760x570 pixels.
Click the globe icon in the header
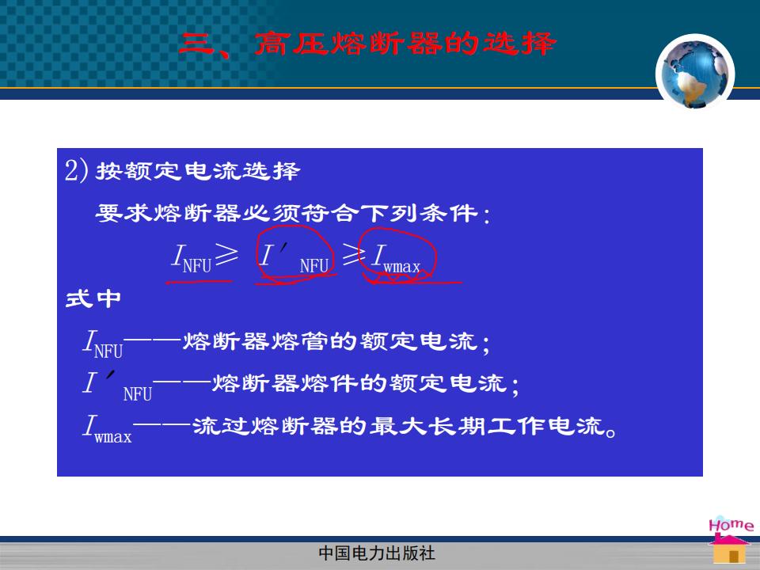point(695,73)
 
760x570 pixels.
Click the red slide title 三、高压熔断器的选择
point(367,44)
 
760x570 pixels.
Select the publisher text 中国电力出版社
point(377,553)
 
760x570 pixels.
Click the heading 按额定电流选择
point(198,171)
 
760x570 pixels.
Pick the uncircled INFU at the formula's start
point(191,258)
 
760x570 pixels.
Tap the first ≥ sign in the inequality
point(226,254)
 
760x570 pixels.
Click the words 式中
point(93,298)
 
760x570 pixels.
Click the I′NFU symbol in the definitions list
point(117,386)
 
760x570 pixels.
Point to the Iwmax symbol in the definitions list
point(107,428)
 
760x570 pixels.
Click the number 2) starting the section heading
point(77,171)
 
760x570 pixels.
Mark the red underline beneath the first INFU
point(199,282)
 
